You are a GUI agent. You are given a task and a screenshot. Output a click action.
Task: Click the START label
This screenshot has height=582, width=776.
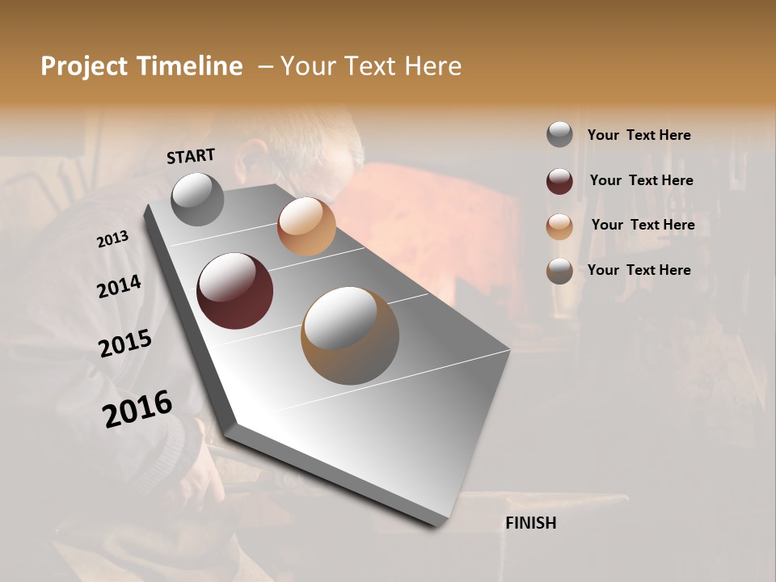(x=191, y=156)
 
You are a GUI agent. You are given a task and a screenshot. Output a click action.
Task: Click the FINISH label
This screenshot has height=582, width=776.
(x=530, y=523)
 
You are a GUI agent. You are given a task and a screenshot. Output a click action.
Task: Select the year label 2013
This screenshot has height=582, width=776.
(x=113, y=239)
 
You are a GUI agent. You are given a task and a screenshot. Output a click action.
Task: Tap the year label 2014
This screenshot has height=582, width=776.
(x=119, y=287)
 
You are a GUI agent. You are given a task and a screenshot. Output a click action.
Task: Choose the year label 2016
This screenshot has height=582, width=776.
(x=137, y=408)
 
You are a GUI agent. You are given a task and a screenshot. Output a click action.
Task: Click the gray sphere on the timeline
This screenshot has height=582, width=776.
(x=198, y=200)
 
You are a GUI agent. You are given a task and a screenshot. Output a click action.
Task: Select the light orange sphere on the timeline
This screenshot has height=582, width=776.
(x=306, y=226)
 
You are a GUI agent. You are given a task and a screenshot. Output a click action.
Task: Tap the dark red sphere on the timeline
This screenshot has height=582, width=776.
(x=234, y=291)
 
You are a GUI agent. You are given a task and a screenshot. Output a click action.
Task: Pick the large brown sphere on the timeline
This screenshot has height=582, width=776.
(x=350, y=335)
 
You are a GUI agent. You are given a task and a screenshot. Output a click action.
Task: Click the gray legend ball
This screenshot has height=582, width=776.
(x=559, y=135)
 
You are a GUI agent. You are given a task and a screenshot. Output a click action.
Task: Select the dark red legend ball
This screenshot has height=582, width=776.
(x=559, y=181)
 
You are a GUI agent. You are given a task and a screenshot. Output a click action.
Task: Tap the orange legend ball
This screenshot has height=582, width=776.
(x=559, y=226)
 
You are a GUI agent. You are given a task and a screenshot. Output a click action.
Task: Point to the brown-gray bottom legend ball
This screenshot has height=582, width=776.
(x=559, y=271)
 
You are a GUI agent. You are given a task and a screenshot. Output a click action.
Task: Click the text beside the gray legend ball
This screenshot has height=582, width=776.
(x=639, y=135)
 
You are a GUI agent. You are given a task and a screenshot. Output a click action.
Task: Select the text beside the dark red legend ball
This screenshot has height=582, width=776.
(x=641, y=180)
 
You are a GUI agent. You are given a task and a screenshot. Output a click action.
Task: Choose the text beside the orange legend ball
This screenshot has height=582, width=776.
(x=643, y=225)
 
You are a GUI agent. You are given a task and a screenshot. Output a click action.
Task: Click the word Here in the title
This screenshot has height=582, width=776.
(x=431, y=66)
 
